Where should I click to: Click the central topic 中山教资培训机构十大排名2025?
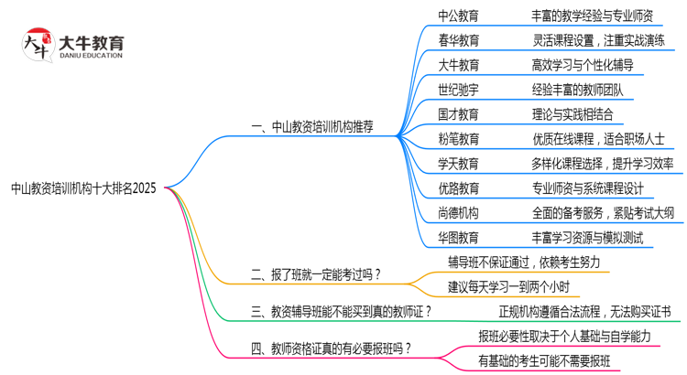83,188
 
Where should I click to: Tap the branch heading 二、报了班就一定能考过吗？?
315,273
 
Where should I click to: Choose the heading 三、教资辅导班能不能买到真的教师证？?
341,311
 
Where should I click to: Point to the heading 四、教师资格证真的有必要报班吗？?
331,348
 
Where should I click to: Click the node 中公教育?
458,16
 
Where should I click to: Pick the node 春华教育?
458,40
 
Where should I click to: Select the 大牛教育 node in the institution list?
458,65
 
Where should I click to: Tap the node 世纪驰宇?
458,90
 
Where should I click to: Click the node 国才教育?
458,114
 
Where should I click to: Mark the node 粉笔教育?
458,139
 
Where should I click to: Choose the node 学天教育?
458,164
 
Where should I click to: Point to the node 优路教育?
458,188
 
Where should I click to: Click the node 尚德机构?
458,213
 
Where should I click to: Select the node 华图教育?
458,238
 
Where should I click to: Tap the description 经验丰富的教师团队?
577,90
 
